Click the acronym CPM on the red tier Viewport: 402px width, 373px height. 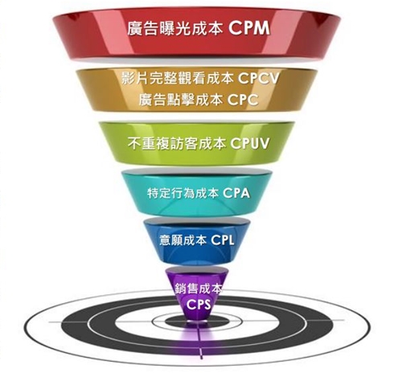(x=249, y=28)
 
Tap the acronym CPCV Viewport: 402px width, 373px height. (x=258, y=79)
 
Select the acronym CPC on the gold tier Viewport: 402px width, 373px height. (x=243, y=100)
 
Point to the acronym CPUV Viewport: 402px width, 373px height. (x=249, y=143)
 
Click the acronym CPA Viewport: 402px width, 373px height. (x=236, y=193)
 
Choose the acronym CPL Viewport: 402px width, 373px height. (x=223, y=240)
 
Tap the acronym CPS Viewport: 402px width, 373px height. (x=199, y=304)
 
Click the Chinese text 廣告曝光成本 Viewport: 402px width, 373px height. (x=174, y=28)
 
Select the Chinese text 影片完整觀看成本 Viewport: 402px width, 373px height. (x=177, y=79)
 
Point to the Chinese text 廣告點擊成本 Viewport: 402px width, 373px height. (x=181, y=100)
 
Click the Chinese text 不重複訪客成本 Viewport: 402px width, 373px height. (x=176, y=143)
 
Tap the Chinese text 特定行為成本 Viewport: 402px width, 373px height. (x=183, y=193)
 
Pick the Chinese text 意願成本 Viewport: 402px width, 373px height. (x=183, y=240)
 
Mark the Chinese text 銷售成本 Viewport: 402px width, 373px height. (x=199, y=289)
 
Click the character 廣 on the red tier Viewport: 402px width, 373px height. (x=134, y=28)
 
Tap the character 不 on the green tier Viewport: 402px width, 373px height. (x=134, y=143)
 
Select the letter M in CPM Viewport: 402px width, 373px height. (x=262, y=28)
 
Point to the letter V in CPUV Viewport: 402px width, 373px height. (x=264, y=143)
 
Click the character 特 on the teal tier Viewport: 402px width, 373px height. (x=153, y=193)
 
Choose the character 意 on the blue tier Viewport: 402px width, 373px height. (x=165, y=240)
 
